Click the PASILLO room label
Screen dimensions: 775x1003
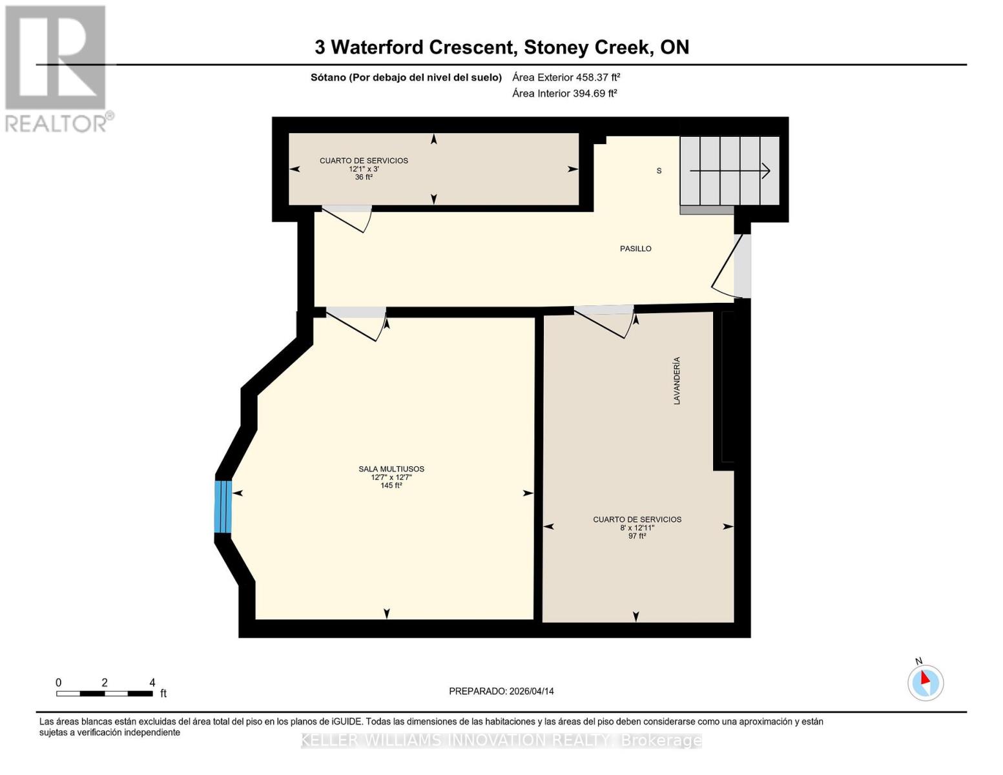click(x=636, y=249)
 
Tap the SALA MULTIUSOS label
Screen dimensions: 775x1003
click(x=391, y=469)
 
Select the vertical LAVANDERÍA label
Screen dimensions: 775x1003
click(x=677, y=381)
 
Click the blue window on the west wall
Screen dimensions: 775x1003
click(x=223, y=506)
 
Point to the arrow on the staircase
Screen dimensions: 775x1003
click(x=730, y=171)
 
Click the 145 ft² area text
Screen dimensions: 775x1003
click(x=391, y=486)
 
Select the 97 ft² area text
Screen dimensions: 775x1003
click(x=637, y=536)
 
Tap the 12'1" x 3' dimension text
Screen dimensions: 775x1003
click(x=364, y=169)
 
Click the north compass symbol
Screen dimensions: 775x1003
click(x=925, y=682)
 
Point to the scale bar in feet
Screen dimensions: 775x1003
click(x=105, y=693)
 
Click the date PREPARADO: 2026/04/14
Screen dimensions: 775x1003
click(x=501, y=691)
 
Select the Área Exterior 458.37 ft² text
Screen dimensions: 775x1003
click(x=566, y=77)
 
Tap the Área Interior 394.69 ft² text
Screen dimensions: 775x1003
click(x=564, y=93)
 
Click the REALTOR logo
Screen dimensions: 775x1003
click(x=57, y=68)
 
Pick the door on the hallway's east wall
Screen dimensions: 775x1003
click(x=727, y=268)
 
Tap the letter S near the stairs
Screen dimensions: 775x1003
click(x=659, y=171)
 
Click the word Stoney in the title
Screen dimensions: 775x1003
click(x=556, y=47)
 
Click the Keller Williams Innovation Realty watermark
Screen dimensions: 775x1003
click(x=501, y=741)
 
